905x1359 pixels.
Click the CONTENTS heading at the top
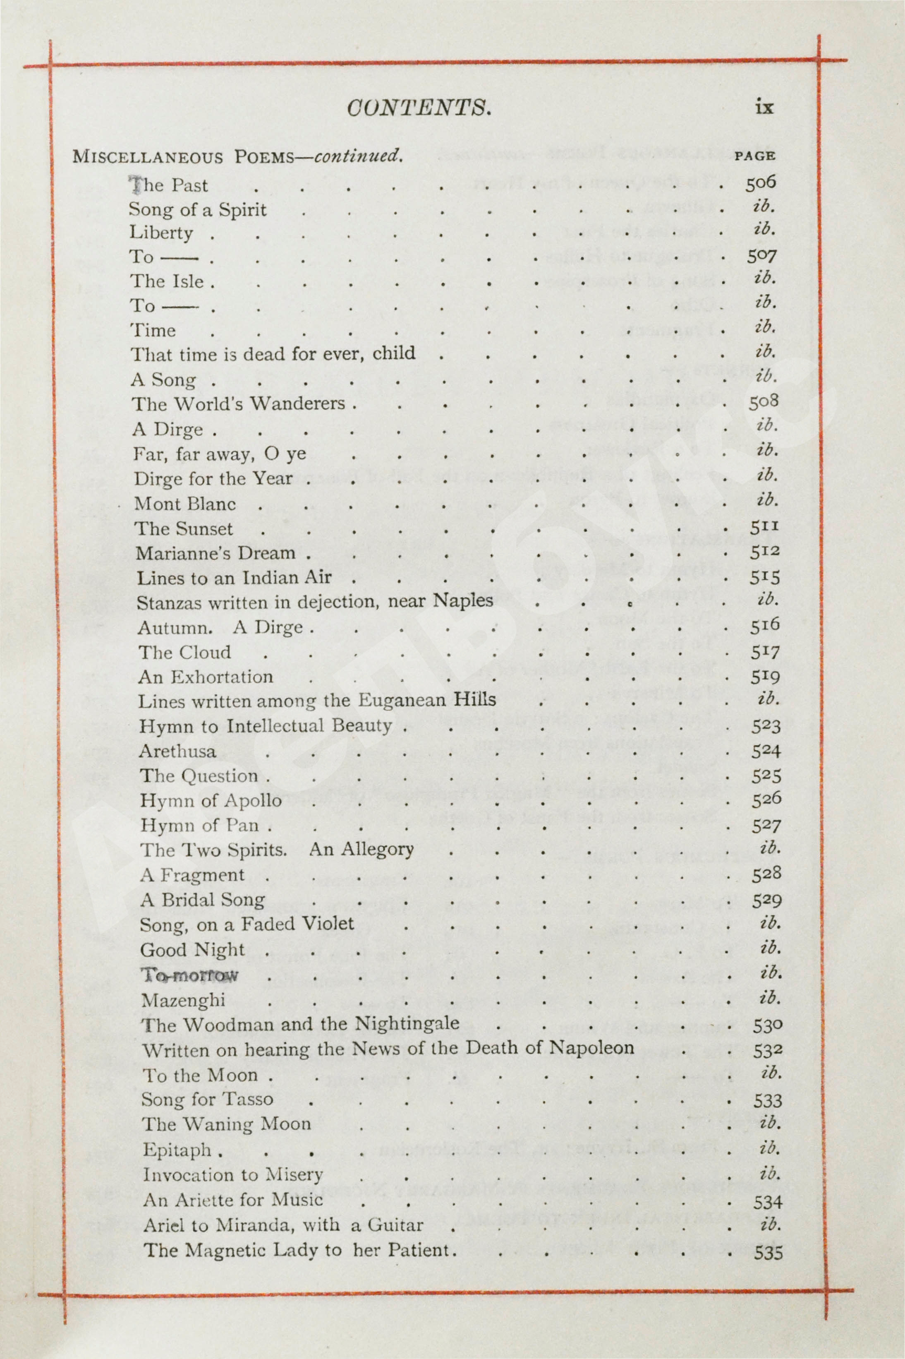point(419,108)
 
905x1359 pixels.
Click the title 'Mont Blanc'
point(185,504)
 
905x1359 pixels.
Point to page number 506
point(760,184)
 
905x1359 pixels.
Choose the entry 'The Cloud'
point(185,652)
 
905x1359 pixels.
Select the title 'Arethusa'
point(178,751)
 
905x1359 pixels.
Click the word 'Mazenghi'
point(184,1000)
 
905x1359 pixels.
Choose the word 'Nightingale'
point(407,1023)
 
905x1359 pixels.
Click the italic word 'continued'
point(357,156)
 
